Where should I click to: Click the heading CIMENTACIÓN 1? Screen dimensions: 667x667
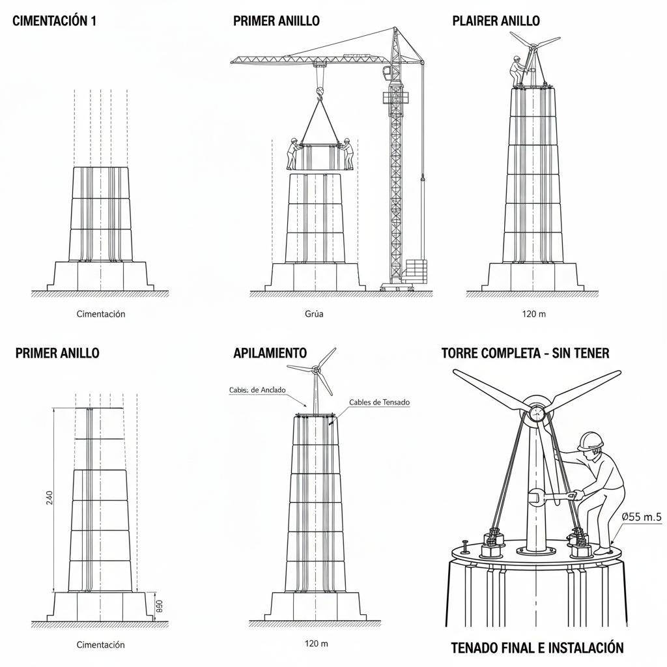pos(54,21)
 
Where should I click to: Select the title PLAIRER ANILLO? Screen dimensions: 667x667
pos(496,21)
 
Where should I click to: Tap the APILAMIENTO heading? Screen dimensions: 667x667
pos(270,353)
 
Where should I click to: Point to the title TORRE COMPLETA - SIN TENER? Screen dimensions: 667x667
pos(525,353)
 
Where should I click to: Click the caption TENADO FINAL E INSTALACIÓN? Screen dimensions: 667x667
pos(537,647)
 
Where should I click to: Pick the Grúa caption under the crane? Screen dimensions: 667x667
pos(314,314)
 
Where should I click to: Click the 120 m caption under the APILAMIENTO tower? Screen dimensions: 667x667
pos(316,644)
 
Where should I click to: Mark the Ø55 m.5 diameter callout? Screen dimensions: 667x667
pos(641,517)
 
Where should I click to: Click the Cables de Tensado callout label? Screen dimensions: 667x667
pos(379,403)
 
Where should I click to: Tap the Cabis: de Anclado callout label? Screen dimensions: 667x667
pos(257,390)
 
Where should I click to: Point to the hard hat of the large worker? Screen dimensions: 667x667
pos(591,441)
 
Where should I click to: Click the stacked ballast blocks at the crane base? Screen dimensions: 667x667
pos(416,270)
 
